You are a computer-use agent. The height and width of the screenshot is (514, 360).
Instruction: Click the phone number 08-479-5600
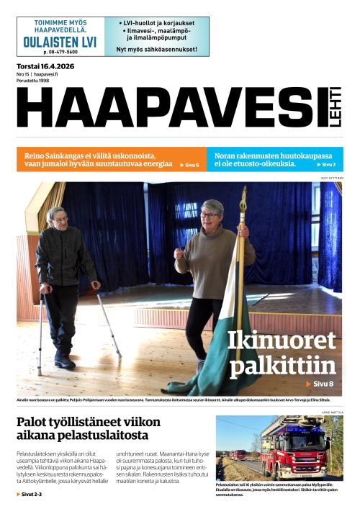coord(60,53)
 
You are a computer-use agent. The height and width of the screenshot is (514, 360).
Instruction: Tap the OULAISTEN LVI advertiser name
coord(60,42)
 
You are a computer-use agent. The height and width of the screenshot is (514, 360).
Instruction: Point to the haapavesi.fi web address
coord(45,73)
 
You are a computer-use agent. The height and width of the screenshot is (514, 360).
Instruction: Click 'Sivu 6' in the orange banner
coord(189,165)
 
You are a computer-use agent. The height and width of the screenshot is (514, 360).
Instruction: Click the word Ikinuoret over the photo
coord(282,340)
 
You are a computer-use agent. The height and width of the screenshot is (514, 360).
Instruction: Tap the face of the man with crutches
coord(57,219)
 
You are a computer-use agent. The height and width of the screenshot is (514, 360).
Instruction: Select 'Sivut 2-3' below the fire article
coord(30,495)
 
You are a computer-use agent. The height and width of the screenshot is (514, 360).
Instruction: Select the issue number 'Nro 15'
coord(22,73)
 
